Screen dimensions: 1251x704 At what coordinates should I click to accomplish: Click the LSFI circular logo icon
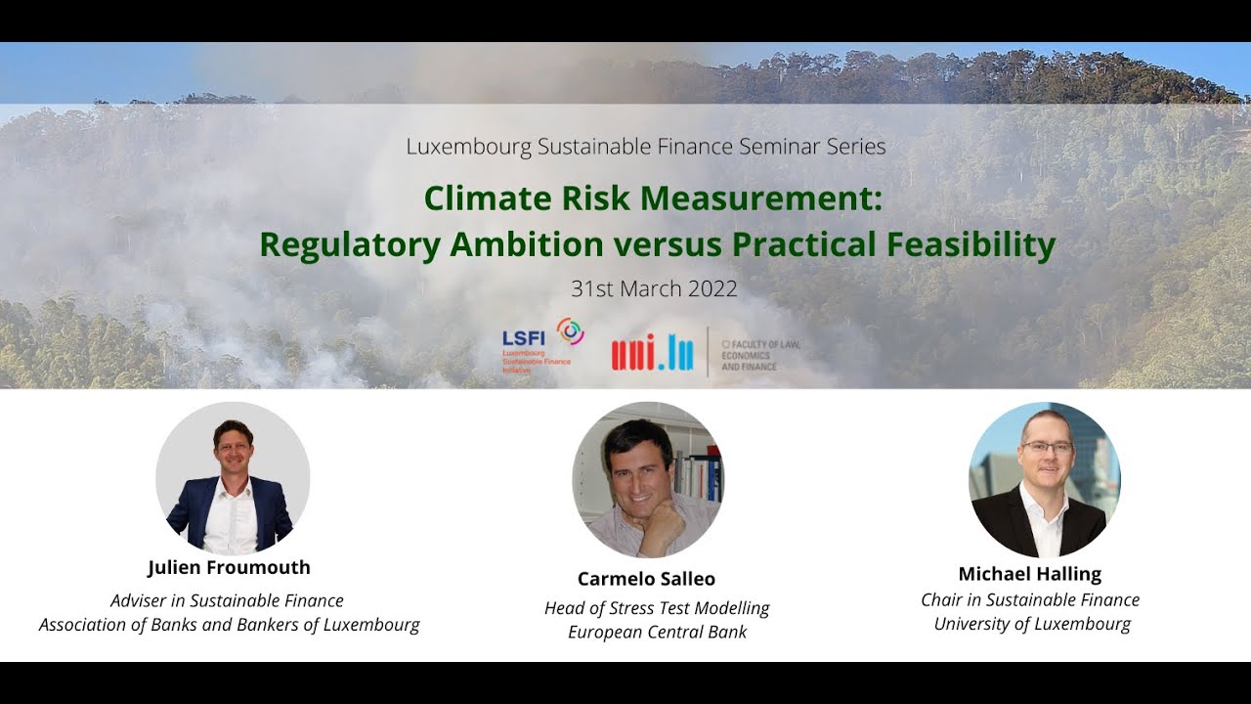[x=570, y=331]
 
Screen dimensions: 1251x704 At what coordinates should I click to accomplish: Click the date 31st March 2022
[x=654, y=288]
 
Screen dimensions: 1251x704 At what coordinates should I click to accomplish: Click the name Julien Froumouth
[x=229, y=567]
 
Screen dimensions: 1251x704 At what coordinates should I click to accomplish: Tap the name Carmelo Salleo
[x=646, y=579]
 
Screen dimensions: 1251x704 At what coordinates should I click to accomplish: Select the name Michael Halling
[x=1030, y=574]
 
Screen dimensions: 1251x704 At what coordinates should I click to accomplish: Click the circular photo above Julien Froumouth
[x=233, y=479]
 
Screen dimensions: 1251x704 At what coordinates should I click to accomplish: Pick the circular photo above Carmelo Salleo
[x=648, y=479]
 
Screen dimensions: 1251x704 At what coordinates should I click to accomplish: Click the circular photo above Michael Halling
[x=1045, y=479]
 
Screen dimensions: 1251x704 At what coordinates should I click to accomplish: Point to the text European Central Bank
[x=658, y=632]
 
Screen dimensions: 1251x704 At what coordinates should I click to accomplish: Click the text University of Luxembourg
[x=1032, y=624]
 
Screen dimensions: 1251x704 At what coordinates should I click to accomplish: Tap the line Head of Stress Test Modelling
[x=657, y=608]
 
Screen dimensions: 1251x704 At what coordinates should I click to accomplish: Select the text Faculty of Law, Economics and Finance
[x=760, y=355]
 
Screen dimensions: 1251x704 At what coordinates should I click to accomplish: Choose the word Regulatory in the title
[x=350, y=245]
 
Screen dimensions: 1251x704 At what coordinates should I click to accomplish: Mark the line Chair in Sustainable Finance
[x=1030, y=600]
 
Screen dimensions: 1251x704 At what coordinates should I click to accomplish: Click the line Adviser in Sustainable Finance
[x=227, y=600]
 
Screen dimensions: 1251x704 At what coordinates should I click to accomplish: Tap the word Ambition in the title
[x=526, y=244]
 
